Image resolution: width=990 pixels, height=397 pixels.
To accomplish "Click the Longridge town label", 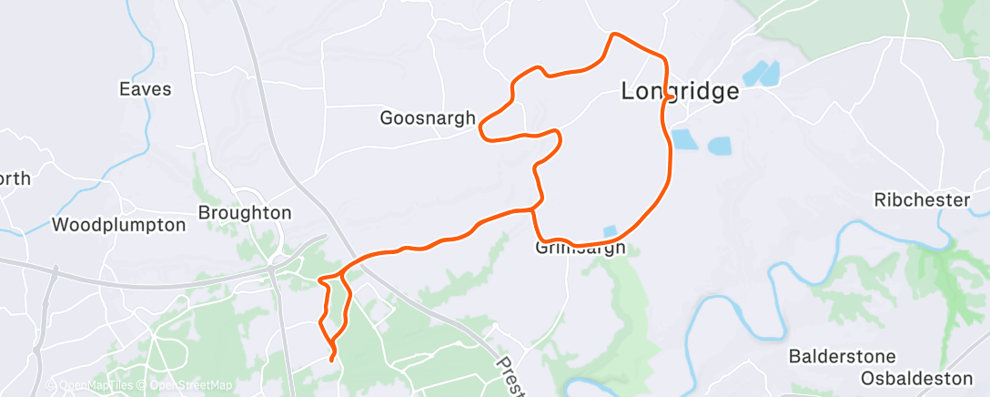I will click(679, 91).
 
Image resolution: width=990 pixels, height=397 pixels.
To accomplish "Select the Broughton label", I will click(245, 212).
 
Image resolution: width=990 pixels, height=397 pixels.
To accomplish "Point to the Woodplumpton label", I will click(119, 224).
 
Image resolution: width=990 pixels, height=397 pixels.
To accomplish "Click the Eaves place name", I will click(146, 89).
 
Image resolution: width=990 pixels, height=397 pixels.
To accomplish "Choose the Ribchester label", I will click(922, 199).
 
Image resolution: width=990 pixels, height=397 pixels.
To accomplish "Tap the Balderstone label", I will click(842, 356).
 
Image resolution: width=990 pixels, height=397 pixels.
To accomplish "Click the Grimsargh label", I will click(580, 248).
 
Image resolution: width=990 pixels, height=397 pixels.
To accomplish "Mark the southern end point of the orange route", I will click(331, 360).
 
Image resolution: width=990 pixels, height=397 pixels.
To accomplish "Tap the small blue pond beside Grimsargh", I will click(609, 231).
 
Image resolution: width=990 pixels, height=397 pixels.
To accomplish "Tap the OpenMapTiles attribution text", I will click(95, 386).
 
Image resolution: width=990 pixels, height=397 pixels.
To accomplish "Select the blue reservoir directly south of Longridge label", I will click(682, 139).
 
